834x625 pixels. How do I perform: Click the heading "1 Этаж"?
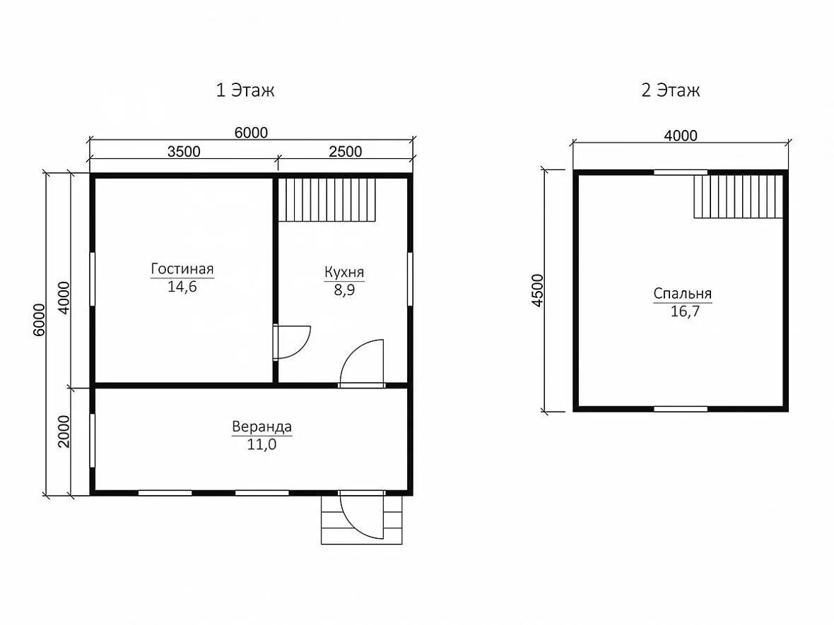click(245, 90)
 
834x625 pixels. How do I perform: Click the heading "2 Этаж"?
click(670, 90)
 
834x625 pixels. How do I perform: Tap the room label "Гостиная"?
click(182, 268)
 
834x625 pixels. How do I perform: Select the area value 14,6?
click(182, 287)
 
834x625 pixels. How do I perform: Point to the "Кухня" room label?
click(344, 272)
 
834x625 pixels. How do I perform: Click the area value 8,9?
click(345, 290)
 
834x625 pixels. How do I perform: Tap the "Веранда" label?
click(262, 427)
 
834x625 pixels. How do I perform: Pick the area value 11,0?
click(262, 444)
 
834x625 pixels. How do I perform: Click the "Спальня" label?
click(683, 293)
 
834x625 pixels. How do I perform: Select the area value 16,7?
click(685, 311)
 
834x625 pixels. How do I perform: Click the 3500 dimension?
click(184, 151)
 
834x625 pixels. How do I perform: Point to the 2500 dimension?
click(345, 151)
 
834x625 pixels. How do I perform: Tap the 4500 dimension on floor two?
click(539, 290)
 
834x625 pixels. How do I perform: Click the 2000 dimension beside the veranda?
click(64, 431)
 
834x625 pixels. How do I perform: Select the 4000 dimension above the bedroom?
click(681, 136)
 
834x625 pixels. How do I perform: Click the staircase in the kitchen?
click(327, 199)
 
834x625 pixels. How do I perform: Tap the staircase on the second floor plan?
click(739, 196)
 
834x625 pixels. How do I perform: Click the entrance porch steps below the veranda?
click(362, 520)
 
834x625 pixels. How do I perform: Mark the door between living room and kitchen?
click(291, 343)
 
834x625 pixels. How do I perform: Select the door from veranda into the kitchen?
click(362, 363)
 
